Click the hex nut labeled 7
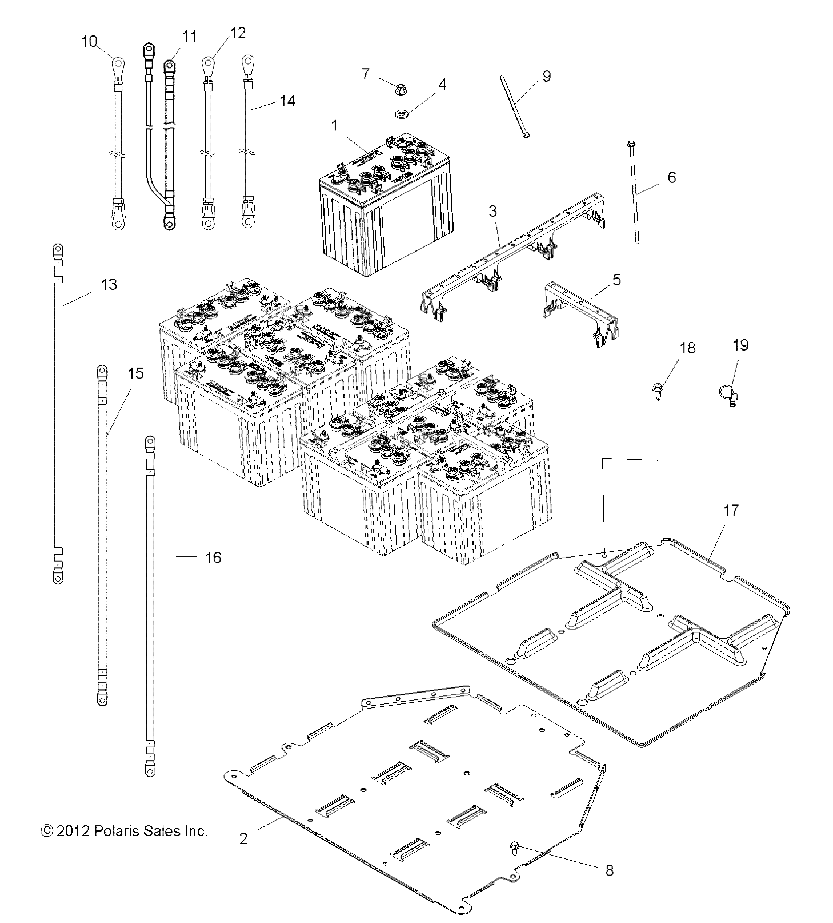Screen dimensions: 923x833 coord(400,89)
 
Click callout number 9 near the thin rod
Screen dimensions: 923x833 coord(546,76)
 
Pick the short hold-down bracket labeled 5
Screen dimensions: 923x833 coord(580,312)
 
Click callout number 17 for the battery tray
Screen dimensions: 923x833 coord(731,511)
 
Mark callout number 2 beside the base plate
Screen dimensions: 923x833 coord(243,839)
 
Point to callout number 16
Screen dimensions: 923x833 coord(213,558)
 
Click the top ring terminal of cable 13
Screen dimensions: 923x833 coord(58,252)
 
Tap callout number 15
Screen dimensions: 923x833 coord(135,374)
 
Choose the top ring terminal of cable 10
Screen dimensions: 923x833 coord(118,65)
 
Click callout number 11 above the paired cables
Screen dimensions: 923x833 coord(189,37)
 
